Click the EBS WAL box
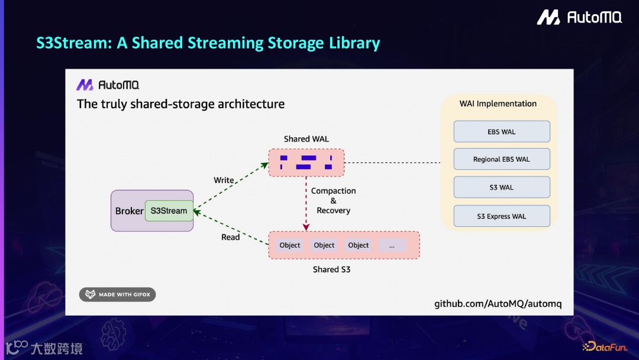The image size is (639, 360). [502, 131]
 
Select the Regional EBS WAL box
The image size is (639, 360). [502, 159]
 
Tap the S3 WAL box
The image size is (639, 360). [502, 187]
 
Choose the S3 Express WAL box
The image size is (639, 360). [502, 216]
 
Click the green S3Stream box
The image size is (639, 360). [169, 211]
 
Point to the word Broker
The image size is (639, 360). [129, 211]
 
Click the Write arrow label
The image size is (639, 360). [224, 180]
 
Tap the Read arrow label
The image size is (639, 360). [231, 237]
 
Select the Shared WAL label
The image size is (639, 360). [306, 139]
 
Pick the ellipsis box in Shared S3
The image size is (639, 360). [392, 245]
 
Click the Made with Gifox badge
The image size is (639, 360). [118, 294]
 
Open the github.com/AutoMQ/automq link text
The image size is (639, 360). [498, 304]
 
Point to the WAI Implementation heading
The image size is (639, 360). [498, 104]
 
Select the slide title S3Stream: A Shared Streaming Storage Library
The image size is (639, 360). [208, 43]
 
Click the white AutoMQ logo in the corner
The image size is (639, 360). [579, 18]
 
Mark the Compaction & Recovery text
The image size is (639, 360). [334, 201]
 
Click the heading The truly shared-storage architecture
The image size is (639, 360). [180, 104]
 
